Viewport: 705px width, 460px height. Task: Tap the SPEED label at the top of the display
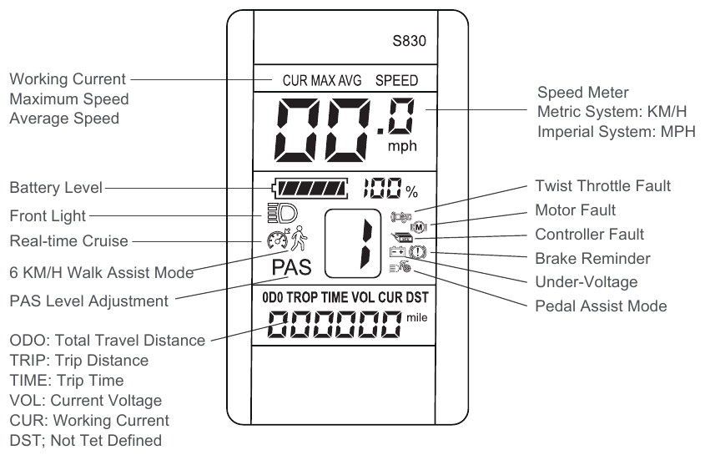397,81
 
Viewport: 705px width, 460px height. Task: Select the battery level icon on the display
309,187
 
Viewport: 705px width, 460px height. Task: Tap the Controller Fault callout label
590,235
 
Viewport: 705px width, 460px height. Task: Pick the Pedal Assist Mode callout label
601,306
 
